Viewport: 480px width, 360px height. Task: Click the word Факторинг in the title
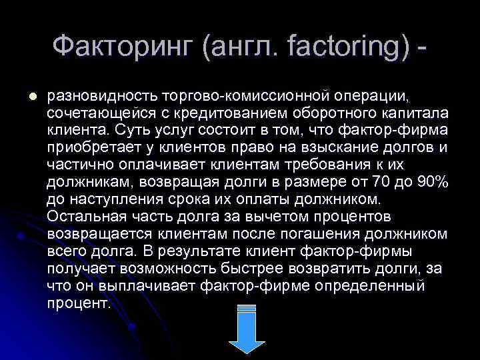tap(124, 47)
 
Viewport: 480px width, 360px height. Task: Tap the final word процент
tap(79, 303)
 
